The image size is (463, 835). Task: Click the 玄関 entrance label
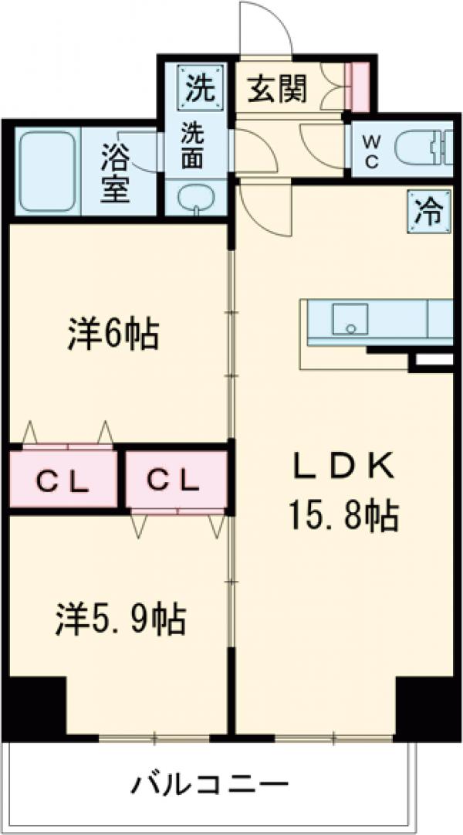tap(278, 90)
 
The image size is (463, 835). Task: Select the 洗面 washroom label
tap(193, 147)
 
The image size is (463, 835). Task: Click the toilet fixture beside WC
tap(420, 147)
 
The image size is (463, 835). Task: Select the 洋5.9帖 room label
tap(120, 619)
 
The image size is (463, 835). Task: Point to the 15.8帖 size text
tap(344, 516)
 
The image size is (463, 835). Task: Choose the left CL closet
tap(64, 480)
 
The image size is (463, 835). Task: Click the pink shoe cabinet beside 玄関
tap(360, 84)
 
